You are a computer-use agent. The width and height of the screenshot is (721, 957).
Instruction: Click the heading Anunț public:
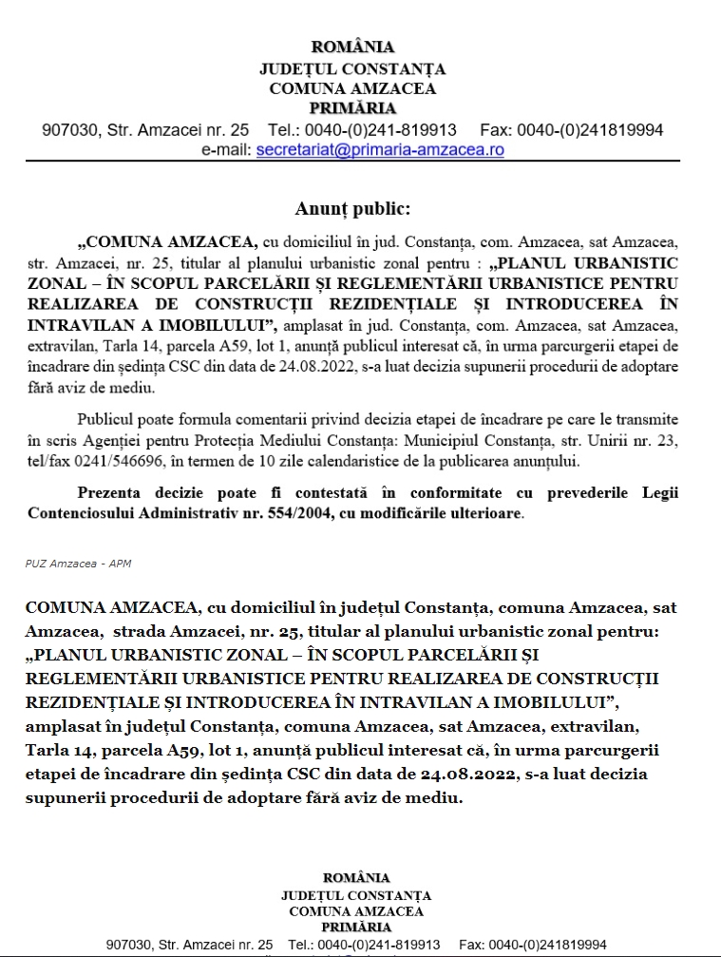352,208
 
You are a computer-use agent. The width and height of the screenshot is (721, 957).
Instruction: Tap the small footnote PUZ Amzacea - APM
78,564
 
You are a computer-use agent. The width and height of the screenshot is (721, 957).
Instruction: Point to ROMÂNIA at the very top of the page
352,48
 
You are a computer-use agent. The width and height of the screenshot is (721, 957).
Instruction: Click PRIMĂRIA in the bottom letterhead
356,927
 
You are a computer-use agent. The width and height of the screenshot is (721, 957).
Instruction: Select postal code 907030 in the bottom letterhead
130,945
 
